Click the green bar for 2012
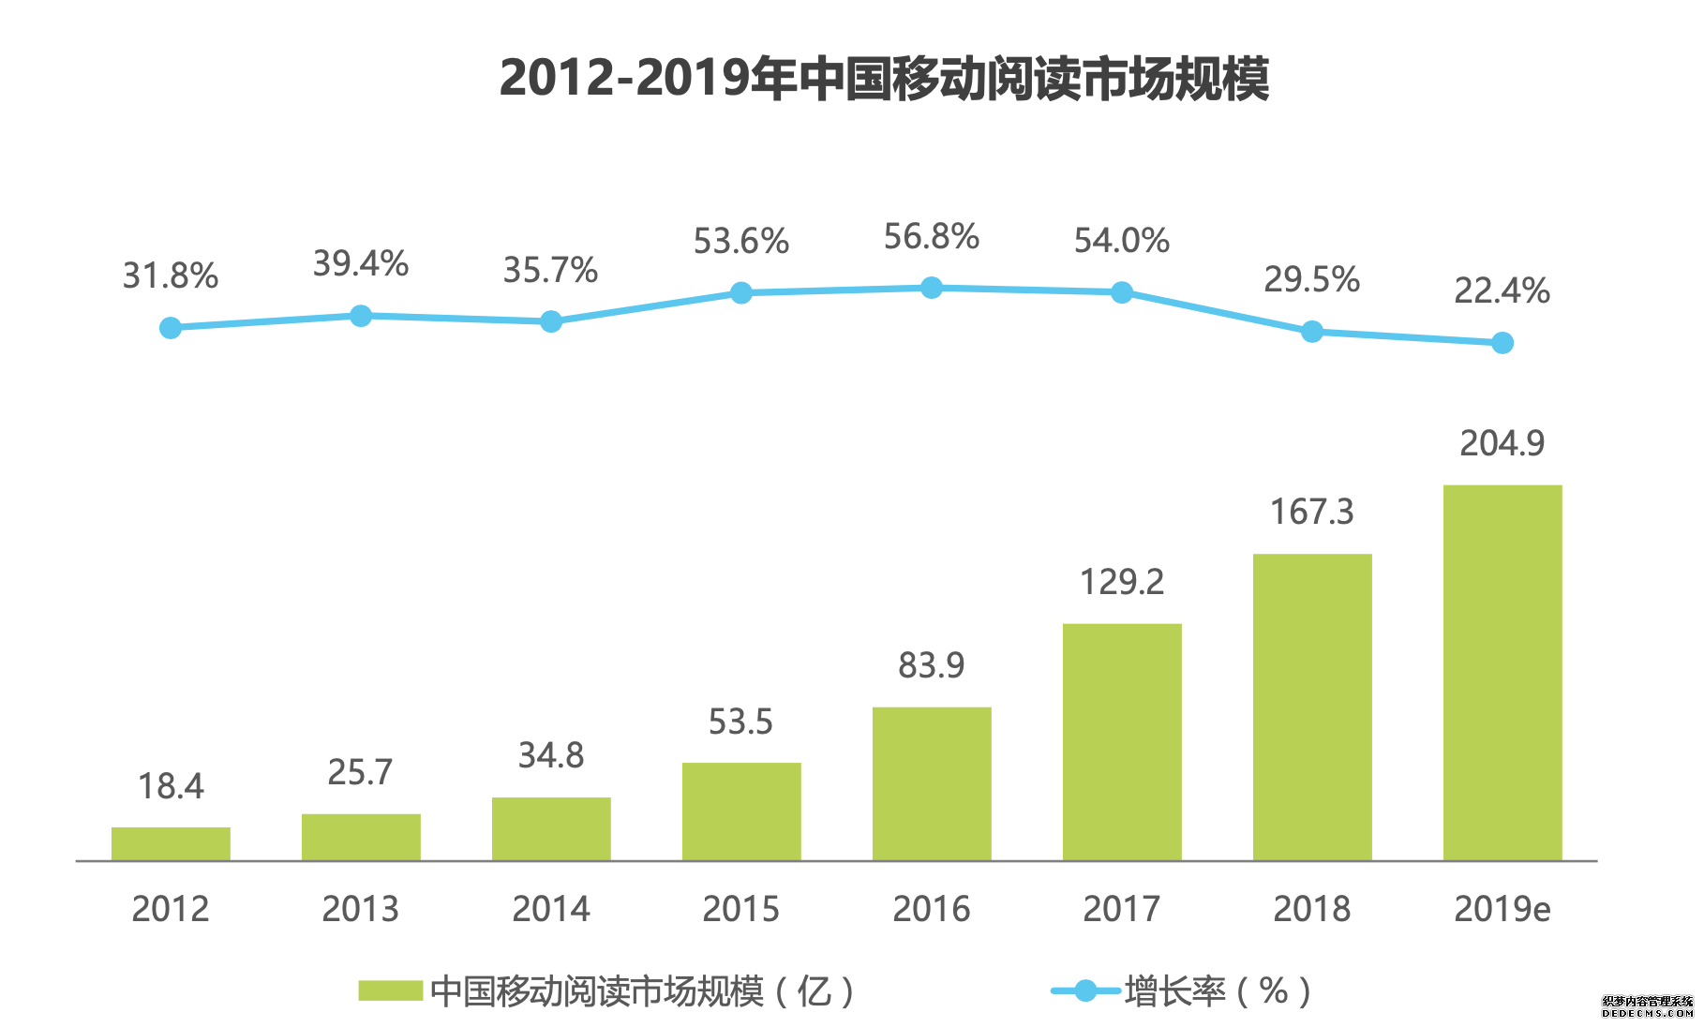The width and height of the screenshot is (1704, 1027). tap(171, 843)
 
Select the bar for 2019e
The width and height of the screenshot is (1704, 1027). tap(1502, 672)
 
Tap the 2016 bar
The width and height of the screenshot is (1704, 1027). tap(931, 783)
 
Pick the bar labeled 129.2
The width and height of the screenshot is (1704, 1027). tap(1121, 741)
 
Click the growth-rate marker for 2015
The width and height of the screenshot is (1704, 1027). tap(740, 293)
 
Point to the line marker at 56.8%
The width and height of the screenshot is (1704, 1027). tap(931, 288)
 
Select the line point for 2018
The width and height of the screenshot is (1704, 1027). tap(1311, 332)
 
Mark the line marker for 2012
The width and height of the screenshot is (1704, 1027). tap(171, 328)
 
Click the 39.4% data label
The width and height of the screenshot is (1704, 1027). tap(361, 264)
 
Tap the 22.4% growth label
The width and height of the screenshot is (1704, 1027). tap(1502, 291)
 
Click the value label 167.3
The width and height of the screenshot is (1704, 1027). tap(1311, 513)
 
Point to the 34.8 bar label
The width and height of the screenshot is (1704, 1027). tap(551, 755)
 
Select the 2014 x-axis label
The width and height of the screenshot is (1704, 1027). tap(551, 909)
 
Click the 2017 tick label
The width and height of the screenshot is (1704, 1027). tap(1121, 909)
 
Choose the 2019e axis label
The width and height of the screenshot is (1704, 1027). tap(1502, 909)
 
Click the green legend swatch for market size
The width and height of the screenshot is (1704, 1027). tap(390, 990)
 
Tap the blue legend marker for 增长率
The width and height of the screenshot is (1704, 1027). tap(1085, 990)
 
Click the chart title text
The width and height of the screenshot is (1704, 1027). tap(884, 79)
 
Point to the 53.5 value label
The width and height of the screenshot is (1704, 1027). tap(740, 722)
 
